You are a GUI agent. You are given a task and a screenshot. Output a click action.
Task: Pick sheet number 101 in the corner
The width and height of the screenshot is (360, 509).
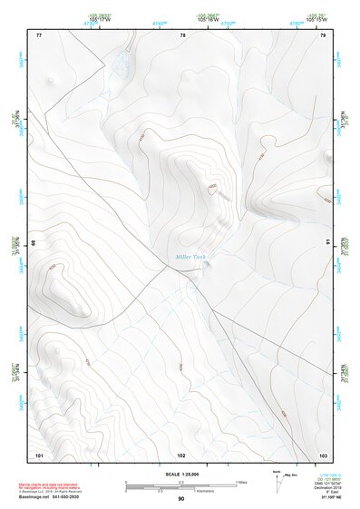[x=39, y=454]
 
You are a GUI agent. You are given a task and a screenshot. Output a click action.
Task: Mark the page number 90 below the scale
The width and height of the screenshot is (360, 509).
[x=180, y=499]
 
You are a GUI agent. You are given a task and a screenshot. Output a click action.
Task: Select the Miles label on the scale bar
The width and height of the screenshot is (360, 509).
[x=239, y=482]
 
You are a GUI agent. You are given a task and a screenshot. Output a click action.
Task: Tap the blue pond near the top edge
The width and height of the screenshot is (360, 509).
[x=119, y=64]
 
